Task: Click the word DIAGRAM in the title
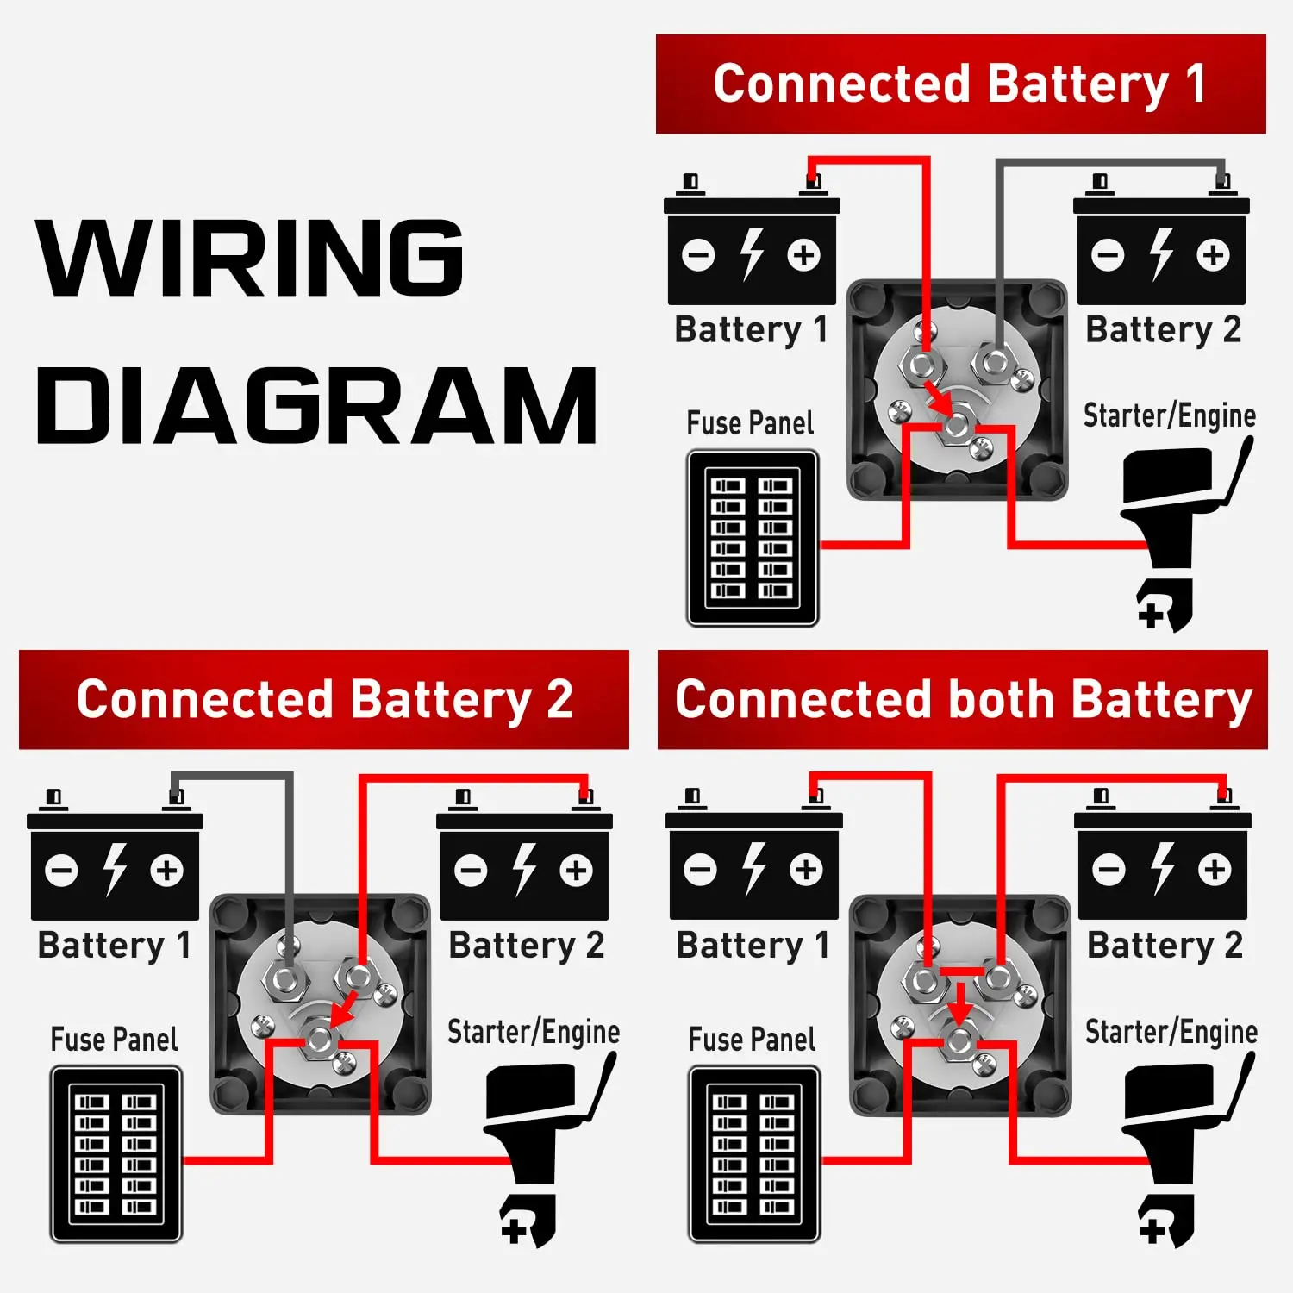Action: pyautogui.click(x=315, y=405)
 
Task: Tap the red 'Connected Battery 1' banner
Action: pyautogui.click(x=960, y=84)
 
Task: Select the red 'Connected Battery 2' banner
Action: pyautogui.click(x=324, y=699)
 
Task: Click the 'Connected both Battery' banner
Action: pyautogui.click(x=962, y=699)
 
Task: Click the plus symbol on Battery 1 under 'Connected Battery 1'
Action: pyautogui.click(x=803, y=255)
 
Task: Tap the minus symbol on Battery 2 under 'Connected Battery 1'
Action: pyautogui.click(x=1108, y=255)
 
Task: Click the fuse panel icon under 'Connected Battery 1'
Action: pyautogui.click(x=752, y=538)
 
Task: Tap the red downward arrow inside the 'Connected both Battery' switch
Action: pyautogui.click(x=959, y=1003)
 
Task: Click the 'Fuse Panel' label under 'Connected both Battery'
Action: pyautogui.click(x=752, y=1040)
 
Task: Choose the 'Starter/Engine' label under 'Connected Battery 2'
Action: pyautogui.click(x=533, y=1032)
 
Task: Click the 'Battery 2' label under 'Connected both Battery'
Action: pyautogui.click(x=1165, y=946)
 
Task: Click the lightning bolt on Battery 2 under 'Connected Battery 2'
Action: pyautogui.click(x=524, y=869)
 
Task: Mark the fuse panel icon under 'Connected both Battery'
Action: pyautogui.click(x=753, y=1153)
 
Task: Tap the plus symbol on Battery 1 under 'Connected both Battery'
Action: pyautogui.click(x=806, y=870)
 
